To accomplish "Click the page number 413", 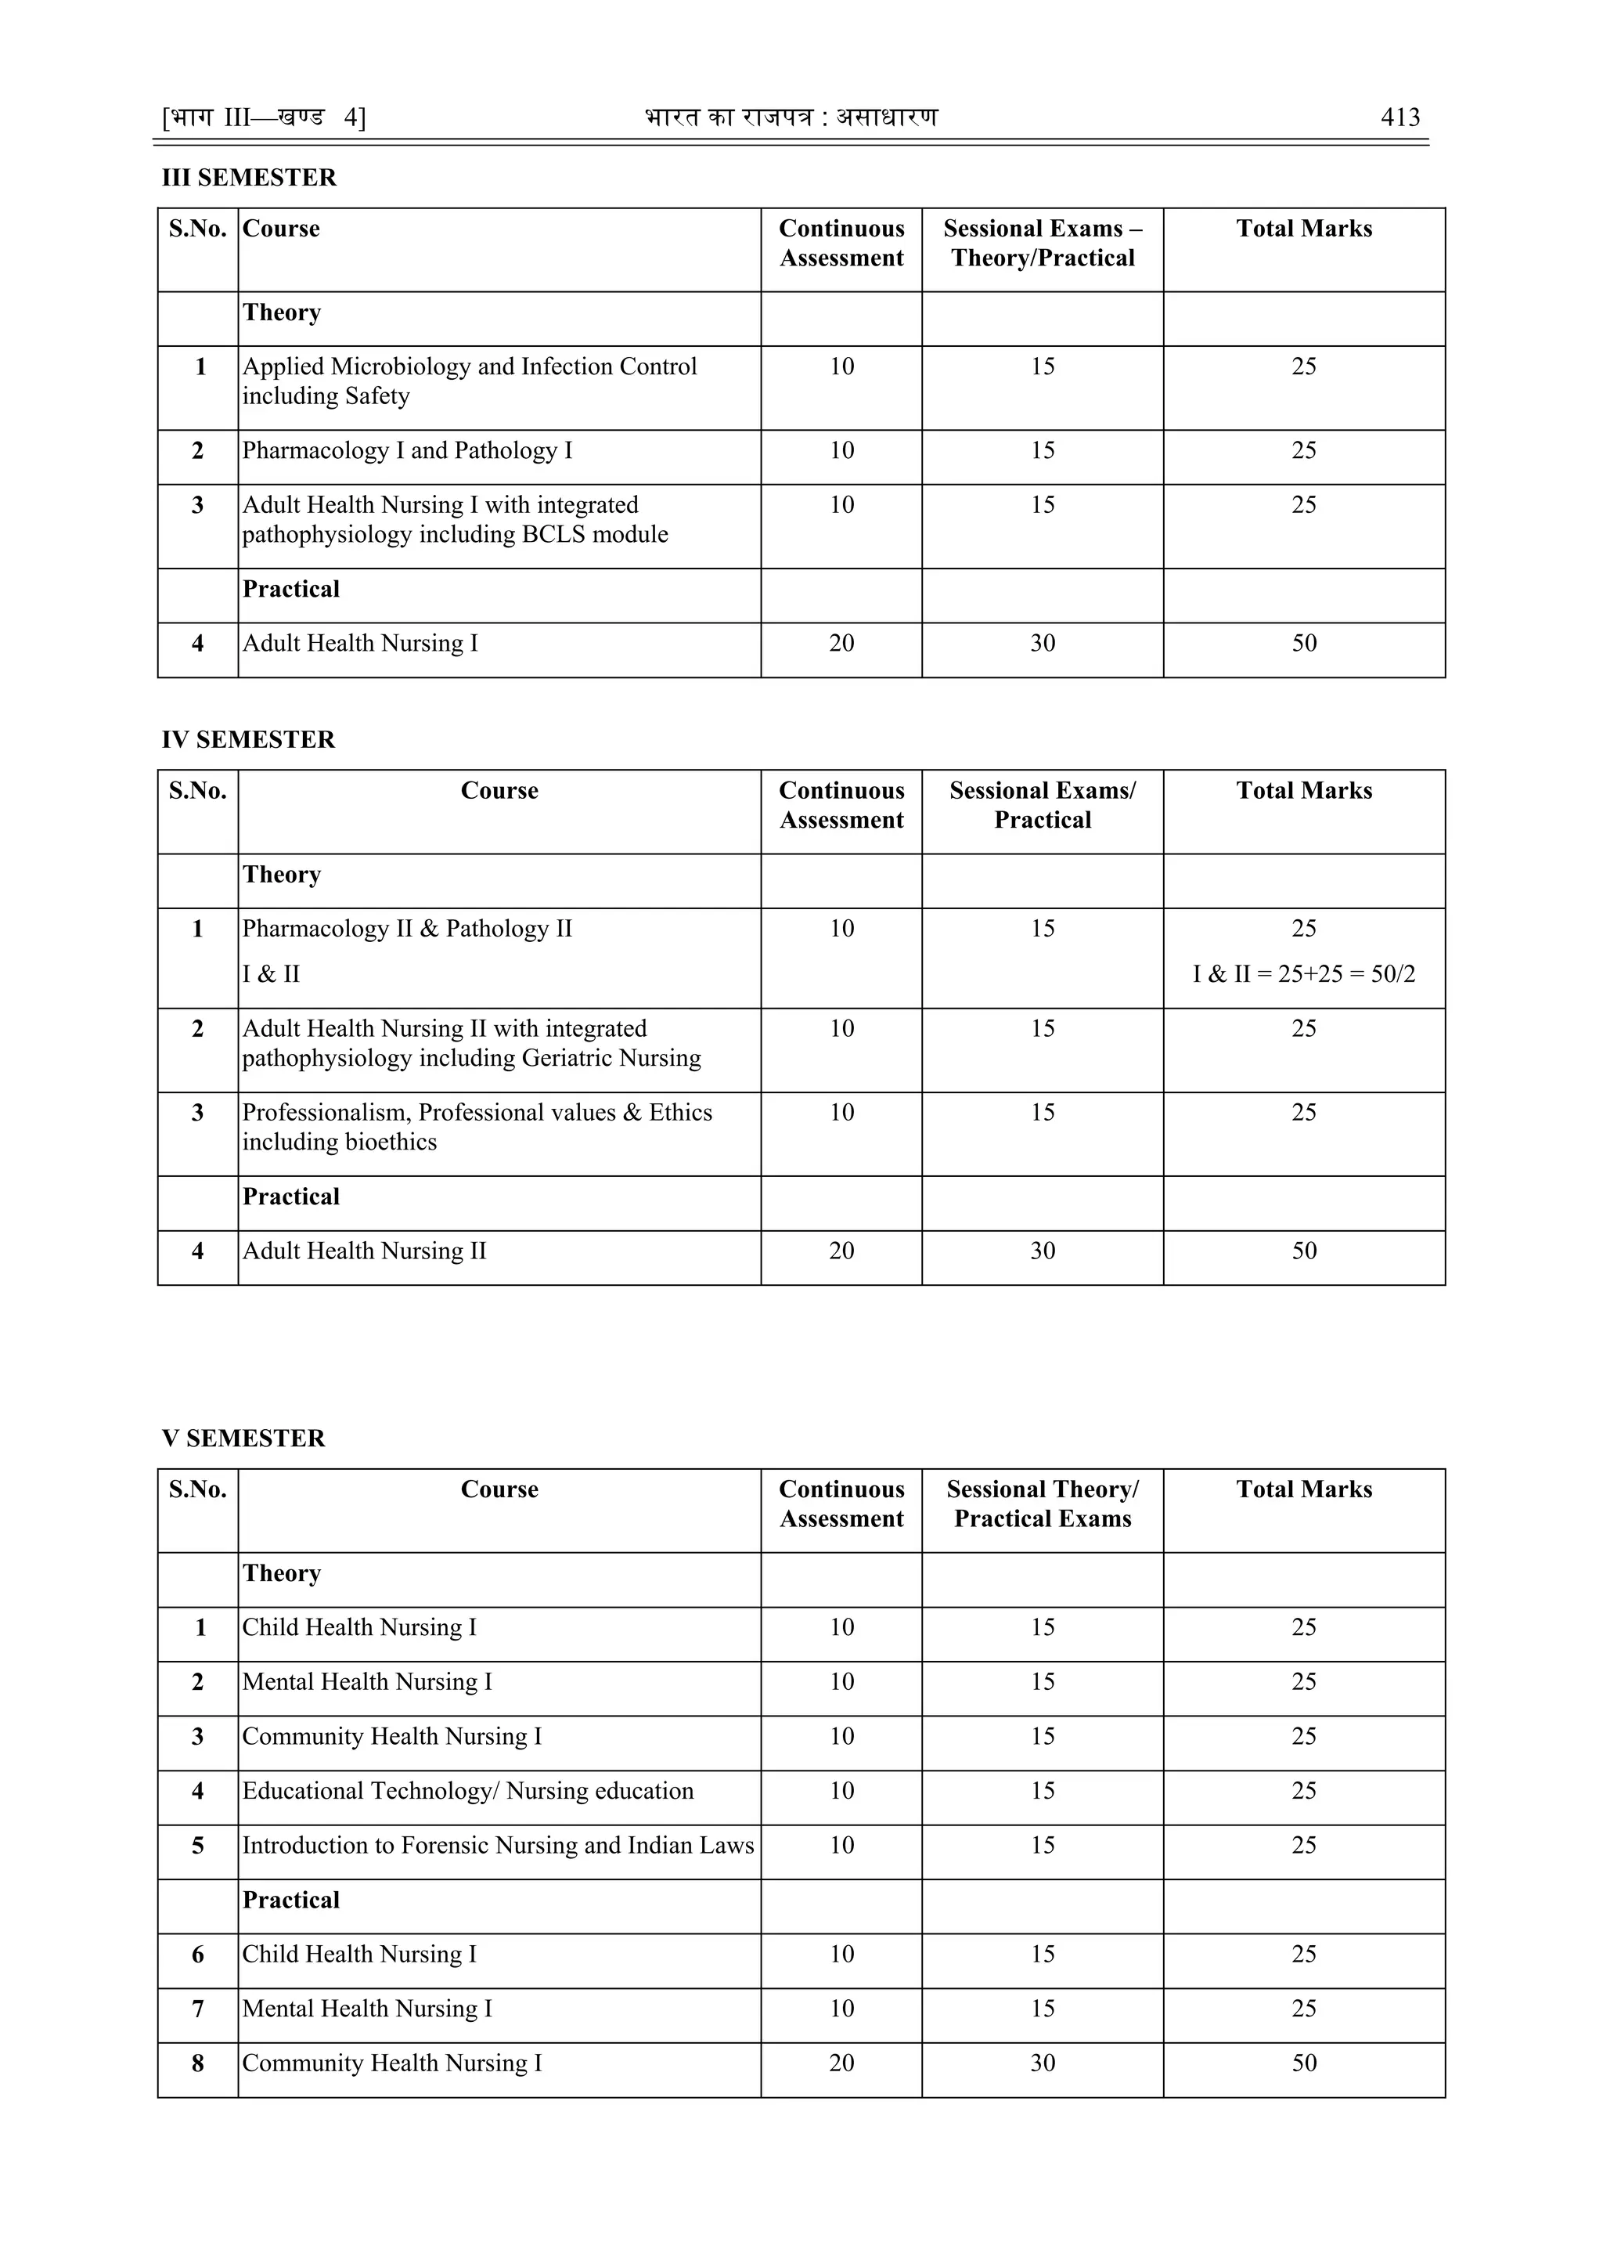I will [x=1399, y=117].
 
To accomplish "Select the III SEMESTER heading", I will [x=249, y=178].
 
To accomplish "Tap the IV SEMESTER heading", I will [x=248, y=739].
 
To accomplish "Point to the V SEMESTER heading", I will [x=243, y=1438].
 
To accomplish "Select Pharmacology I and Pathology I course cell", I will [x=407, y=450].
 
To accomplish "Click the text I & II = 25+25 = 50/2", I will [x=1303, y=973].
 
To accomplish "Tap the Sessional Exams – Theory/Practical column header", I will [x=1043, y=243].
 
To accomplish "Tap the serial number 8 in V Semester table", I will [x=197, y=2063].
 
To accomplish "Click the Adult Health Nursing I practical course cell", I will [x=359, y=643].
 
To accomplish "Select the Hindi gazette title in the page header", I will [x=791, y=117].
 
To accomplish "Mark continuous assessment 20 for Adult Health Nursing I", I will [x=841, y=643].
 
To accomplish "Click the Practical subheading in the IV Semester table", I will [x=291, y=1196].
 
